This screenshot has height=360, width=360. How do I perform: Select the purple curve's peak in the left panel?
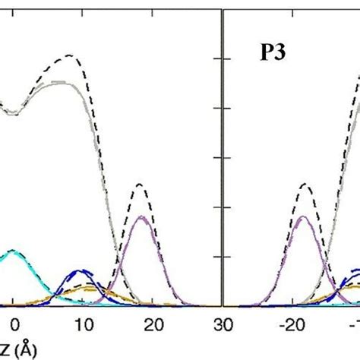tap(140, 218)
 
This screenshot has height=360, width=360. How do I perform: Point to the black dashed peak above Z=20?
tap(140, 185)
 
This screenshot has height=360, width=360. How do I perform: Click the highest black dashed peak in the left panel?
tap(70, 55)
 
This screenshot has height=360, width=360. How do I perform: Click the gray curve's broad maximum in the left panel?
tap(65, 83)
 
